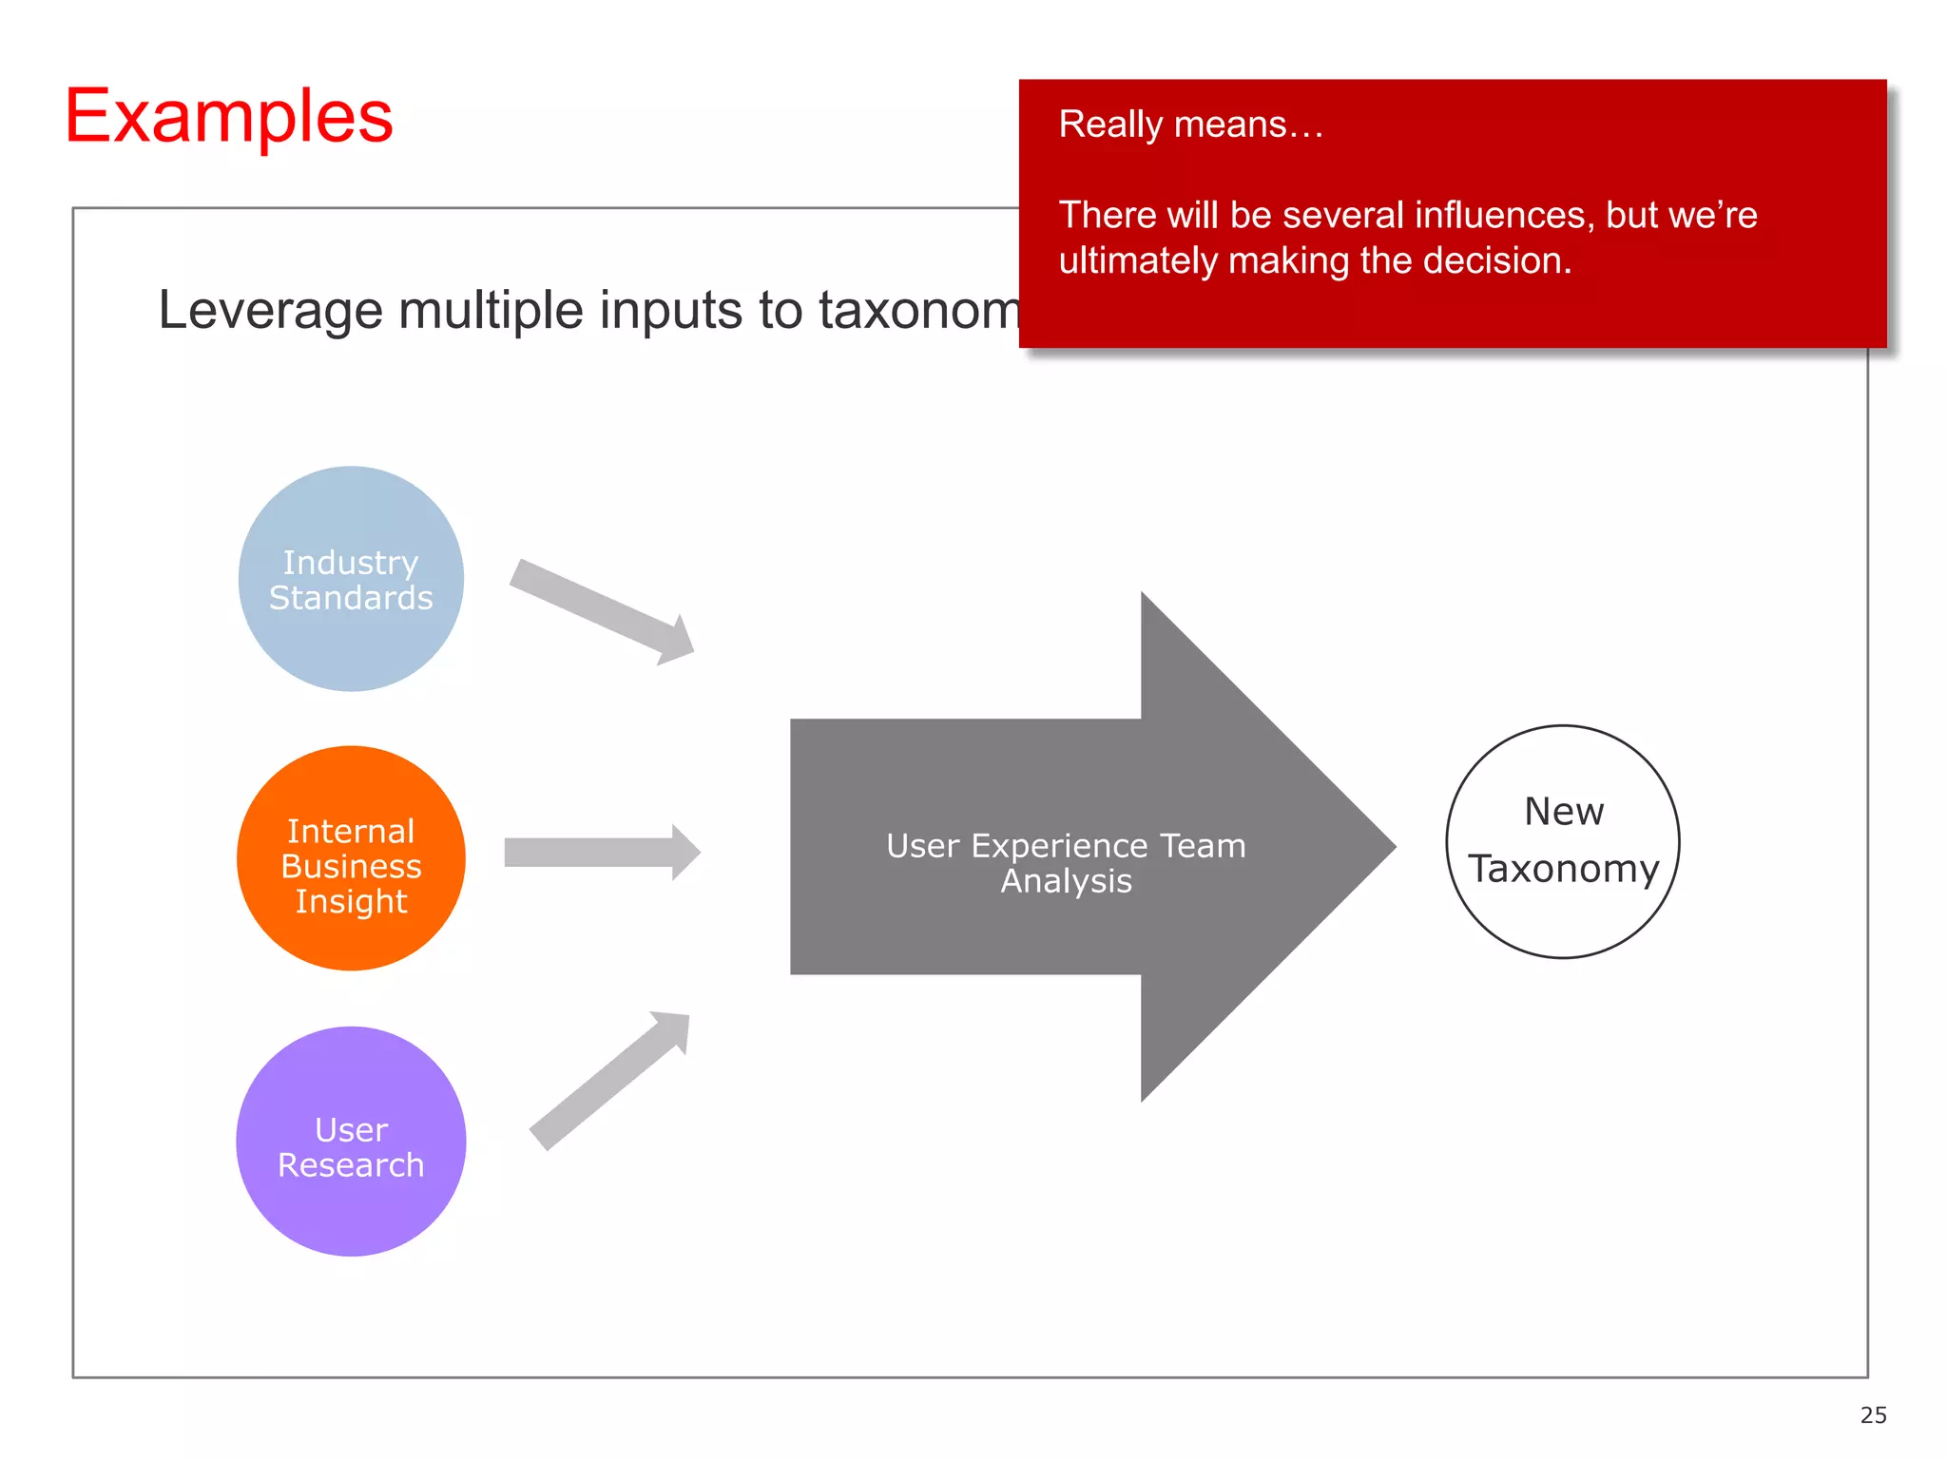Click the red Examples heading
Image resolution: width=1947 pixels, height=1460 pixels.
(x=228, y=116)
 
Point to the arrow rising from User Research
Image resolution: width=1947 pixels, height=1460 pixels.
(x=608, y=1082)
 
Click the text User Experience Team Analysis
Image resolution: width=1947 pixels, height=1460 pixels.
(x=1066, y=863)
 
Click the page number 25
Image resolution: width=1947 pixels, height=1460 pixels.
(x=1873, y=1415)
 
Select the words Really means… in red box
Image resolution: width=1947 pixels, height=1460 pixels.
(x=1190, y=125)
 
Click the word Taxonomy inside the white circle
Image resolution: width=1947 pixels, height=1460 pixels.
(x=1563, y=869)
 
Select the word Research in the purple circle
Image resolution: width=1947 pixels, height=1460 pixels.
(x=351, y=1165)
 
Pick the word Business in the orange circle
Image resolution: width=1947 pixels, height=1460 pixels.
(x=351, y=866)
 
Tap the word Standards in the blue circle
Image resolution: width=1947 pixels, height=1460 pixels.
(x=351, y=598)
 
